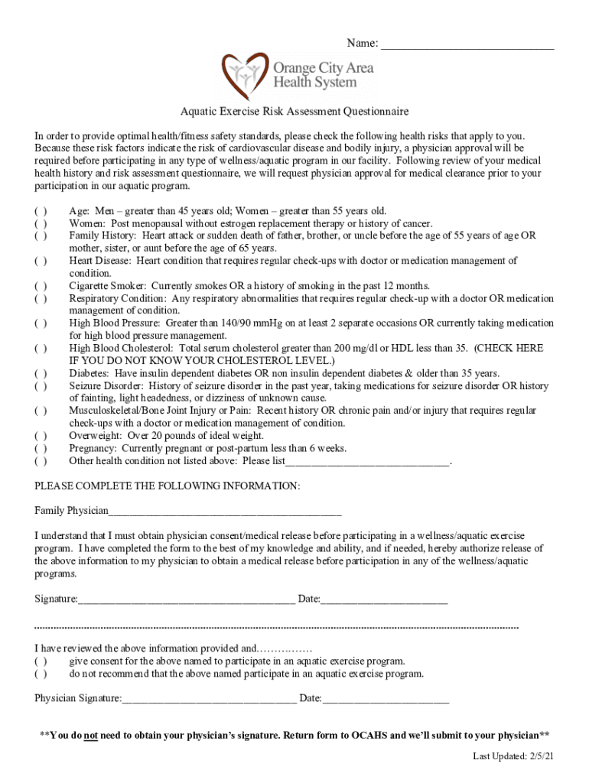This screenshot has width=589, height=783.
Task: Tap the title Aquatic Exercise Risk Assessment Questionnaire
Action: click(x=294, y=112)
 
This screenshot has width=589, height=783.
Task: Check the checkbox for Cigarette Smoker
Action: click(x=41, y=286)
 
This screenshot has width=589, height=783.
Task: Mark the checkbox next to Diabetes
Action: click(x=41, y=373)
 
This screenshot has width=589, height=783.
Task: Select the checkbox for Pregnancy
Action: click(x=41, y=448)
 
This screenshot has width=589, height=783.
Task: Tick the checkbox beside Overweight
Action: click(x=41, y=436)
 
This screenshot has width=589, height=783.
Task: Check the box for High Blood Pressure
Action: click(x=41, y=323)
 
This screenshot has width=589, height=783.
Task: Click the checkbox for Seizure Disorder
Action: click(x=41, y=386)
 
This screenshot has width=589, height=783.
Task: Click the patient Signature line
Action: click(x=186, y=599)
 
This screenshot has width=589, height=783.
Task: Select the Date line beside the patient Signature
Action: click(x=384, y=599)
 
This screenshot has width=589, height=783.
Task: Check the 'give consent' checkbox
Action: click(x=41, y=661)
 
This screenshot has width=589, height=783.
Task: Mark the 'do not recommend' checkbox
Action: click(x=41, y=674)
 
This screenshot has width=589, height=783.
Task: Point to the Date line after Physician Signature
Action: click(x=386, y=699)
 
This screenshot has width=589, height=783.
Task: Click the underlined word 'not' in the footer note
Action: click(x=91, y=736)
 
